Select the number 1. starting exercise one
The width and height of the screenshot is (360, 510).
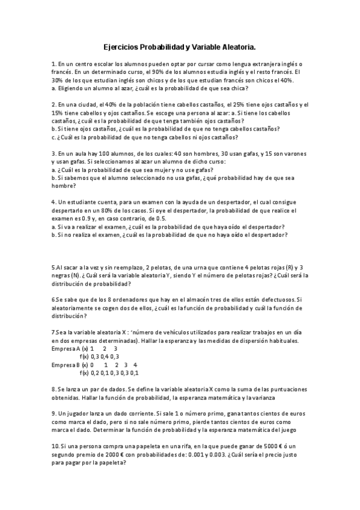(x=54, y=64)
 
